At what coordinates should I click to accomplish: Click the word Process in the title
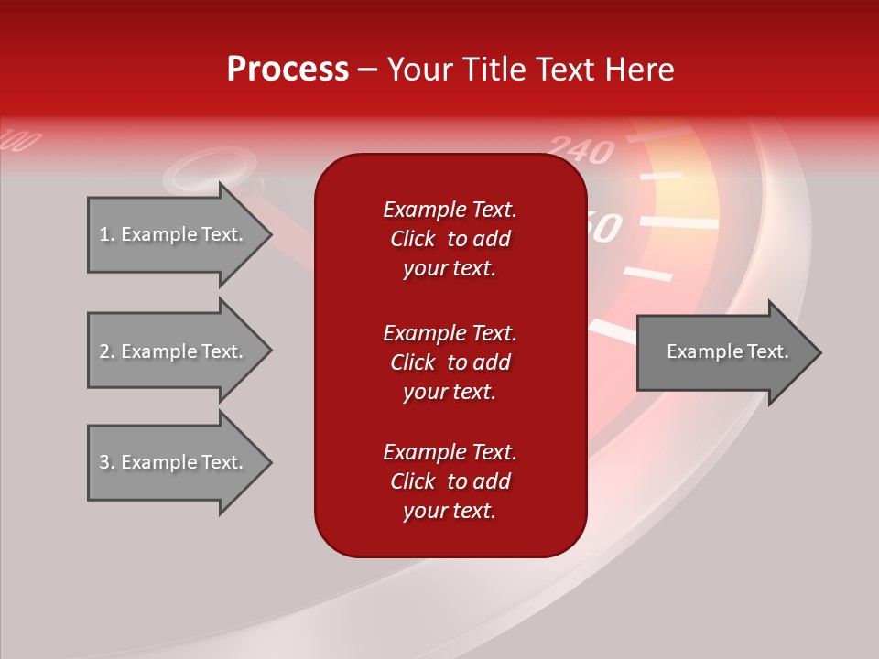288,70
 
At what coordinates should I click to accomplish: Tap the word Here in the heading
638,70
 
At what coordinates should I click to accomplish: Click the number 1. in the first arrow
107,234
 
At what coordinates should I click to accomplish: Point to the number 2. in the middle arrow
107,351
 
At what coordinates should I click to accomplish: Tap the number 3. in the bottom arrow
107,462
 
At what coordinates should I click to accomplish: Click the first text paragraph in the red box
450,239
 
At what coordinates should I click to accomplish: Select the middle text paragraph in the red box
450,362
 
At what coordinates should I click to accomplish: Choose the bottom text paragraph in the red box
450,481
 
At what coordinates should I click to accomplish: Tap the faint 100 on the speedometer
22,142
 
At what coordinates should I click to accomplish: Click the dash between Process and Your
367,70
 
